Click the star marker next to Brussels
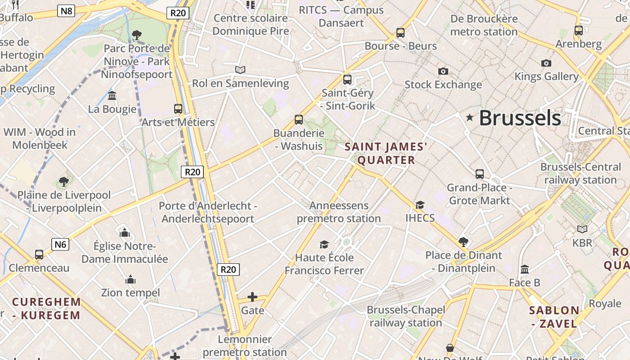(470, 118)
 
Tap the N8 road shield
(66, 11)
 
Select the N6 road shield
(60, 244)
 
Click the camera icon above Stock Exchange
(443, 71)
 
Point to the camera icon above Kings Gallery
(546, 63)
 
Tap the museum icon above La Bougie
(112, 96)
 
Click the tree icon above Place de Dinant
(463, 242)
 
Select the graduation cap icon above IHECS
(420, 205)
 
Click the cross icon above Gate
(252, 297)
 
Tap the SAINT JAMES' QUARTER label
(386, 153)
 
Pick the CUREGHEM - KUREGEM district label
(47, 308)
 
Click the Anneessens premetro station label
(338, 212)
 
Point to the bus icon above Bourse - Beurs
(400, 33)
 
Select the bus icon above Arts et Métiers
(178, 109)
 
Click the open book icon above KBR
(582, 229)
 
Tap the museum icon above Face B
(525, 270)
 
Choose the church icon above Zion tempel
(130, 279)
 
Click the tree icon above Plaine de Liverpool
(64, 182)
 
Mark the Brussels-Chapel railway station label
(406, 316)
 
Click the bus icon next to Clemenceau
(39, 255)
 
